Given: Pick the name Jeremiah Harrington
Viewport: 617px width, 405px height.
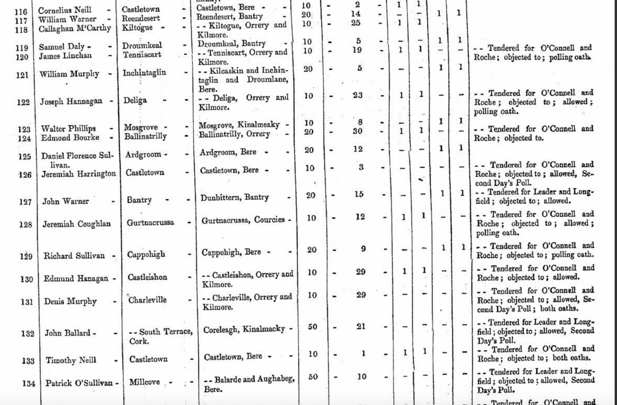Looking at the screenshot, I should click(79, 174).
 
